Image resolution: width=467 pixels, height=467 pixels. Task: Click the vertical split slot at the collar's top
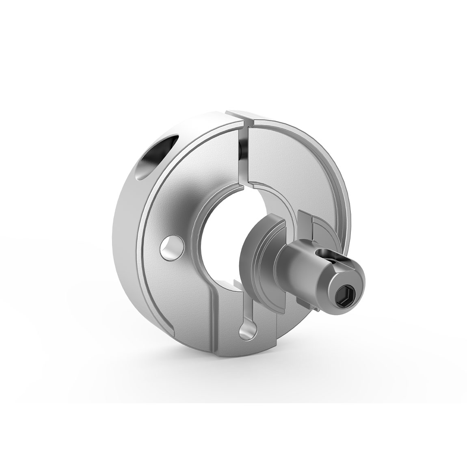[x=244, y=154]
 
